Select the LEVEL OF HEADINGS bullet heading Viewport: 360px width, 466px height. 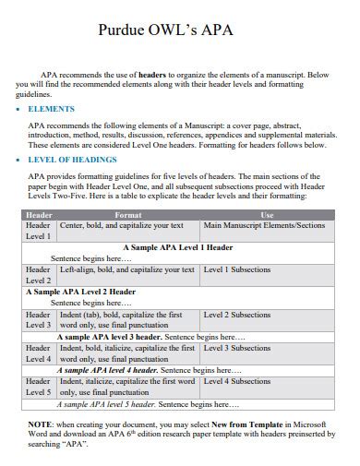tap(74, 160)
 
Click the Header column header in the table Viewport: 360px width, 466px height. tap(38, 214)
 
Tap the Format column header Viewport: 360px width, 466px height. tap(127, 214)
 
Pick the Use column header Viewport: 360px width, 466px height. tap(267, 214)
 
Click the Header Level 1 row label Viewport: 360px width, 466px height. tap(38, 231)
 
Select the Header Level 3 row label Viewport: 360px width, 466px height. tap(38, 319)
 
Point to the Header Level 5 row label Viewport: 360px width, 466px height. tap(38, 386)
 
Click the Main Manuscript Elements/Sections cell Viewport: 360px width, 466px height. tap(264, 225)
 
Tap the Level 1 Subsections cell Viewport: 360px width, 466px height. tap(237, 269)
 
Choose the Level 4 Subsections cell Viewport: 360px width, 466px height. tap(237, 380)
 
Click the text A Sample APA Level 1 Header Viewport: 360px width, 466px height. tap(177, 247)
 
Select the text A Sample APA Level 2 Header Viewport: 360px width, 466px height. tap(80, 292)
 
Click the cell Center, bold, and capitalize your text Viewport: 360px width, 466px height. tap(122, 225)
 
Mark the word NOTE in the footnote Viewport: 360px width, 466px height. tap(41, 422)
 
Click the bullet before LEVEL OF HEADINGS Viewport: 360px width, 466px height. tap(19, 160)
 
